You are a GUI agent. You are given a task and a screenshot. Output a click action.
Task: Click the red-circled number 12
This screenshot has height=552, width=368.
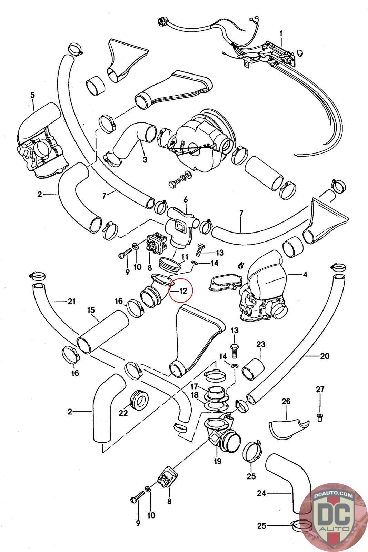pos(183,290)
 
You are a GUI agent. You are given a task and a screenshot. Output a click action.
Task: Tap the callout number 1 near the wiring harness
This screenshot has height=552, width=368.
pos(281,33)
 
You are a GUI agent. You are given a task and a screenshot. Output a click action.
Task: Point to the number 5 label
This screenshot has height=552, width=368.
pos(32,95)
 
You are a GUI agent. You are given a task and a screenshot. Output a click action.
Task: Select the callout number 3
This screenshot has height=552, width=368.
pos(145,160)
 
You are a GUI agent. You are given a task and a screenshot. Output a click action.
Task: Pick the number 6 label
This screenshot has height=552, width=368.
pos(186,199)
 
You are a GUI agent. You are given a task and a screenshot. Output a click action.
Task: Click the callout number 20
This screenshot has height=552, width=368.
pos(325,356)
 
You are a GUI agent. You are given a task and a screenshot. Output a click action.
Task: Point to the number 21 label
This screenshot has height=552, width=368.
pos(71,302)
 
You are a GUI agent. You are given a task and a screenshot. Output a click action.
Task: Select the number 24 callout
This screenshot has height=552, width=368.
pos(261,493)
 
